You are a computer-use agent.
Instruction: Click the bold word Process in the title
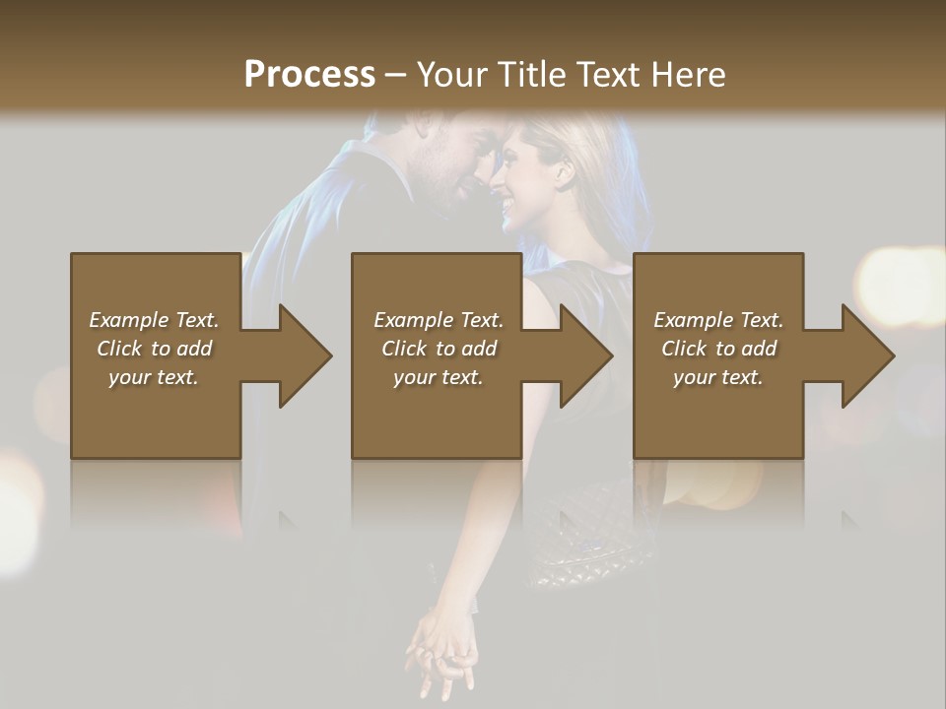point(309,74)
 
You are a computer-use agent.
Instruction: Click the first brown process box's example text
point(154,349)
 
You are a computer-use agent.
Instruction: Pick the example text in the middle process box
point(438,349)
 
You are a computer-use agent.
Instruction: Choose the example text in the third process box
point(718,349)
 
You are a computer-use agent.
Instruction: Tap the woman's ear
point(564,173)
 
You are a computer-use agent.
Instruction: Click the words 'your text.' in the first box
point(154,377)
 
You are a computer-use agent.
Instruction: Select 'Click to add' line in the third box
point(718,349)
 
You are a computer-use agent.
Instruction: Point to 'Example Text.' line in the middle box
point(438,320)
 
